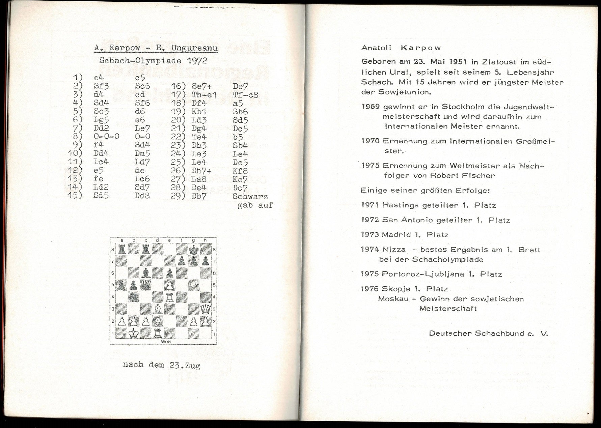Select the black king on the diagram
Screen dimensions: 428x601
click(x=193, y=250)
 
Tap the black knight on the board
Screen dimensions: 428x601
click(x=134, y=297)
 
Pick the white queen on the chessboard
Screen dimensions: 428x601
click(x=205, y=309)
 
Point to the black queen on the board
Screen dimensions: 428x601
click(x=146, y=285)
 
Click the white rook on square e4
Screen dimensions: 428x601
click(x=169, y=297)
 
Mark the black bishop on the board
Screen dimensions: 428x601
click(x=146, y=273)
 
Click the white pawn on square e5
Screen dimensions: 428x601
click(x=169, y=285)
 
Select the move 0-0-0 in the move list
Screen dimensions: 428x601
click(x=106, y=137)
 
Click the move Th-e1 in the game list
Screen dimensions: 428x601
click(x=204, y=95)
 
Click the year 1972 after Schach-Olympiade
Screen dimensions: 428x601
click(x=195, y=61)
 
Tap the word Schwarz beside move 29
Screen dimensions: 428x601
click(x=250, y=197)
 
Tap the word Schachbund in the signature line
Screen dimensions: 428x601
click(x=497, y=334)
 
